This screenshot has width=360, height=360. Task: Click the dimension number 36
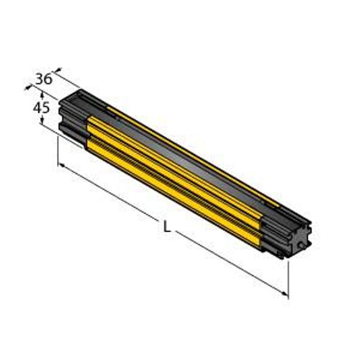tap(44, 79)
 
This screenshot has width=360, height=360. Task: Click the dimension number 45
tap(41, 107)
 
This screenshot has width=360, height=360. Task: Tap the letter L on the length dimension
tap(167, 226)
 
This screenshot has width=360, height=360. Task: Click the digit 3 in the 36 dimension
tap(40, 79)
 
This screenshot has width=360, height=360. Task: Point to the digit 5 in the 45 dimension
tap(46, 107)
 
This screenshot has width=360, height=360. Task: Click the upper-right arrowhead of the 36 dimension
tap(59, 70)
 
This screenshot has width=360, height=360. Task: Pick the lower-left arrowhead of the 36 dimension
tap(28, 87)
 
